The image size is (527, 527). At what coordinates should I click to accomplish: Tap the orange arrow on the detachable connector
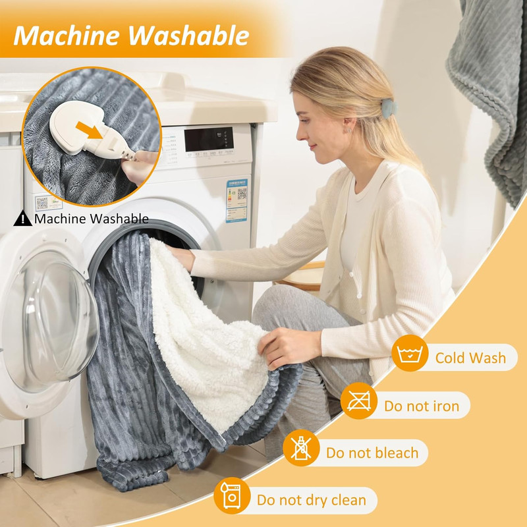point(94,129)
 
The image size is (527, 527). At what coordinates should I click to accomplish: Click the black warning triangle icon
point(23,218)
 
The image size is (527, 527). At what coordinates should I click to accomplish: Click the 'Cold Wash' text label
point(470,358)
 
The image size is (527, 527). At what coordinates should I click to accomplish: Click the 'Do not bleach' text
point(372,453)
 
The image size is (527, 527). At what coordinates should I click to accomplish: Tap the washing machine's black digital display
point(208,140)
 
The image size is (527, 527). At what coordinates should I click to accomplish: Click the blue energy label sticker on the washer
point(237,198)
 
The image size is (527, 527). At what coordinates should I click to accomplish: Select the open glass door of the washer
point(46,323)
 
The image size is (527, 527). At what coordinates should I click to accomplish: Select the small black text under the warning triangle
point(91,219)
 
